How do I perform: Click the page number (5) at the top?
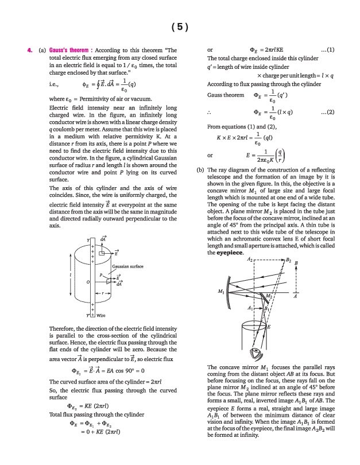(x=180, y=26)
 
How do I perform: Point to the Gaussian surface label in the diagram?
(x=127, y=266)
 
